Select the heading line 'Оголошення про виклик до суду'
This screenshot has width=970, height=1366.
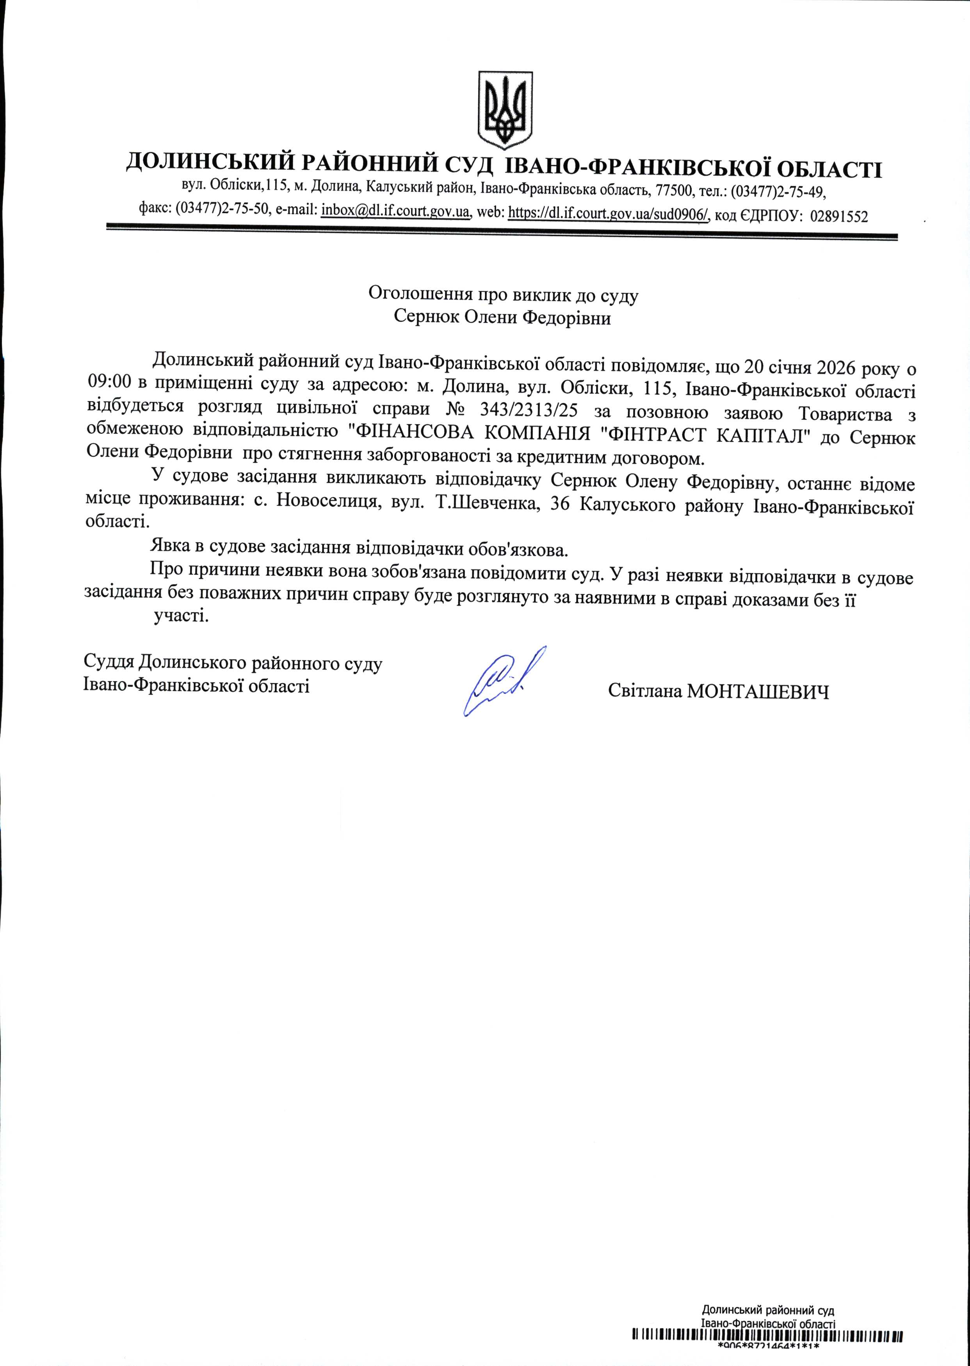point(503,294)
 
